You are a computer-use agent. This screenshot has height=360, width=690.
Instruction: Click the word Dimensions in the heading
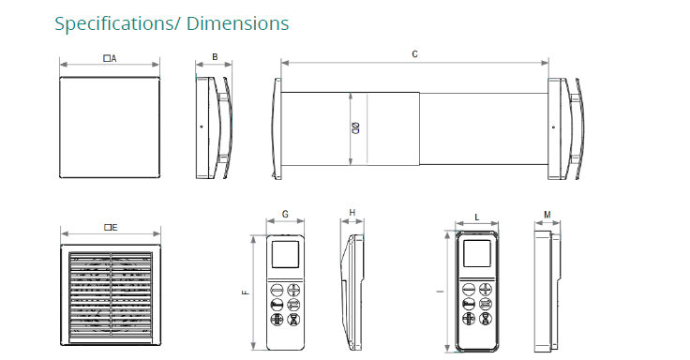(x=237, y=22)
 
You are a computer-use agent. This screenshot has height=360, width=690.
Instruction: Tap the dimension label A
(x=110, y=58)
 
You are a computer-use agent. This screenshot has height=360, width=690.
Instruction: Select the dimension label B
(x=215, y=57)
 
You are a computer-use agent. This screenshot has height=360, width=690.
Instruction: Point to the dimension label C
(x=414, y=54)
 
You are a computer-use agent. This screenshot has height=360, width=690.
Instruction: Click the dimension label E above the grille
(x=111, y=228)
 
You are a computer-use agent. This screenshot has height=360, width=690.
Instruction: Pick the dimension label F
(x=246, y=292)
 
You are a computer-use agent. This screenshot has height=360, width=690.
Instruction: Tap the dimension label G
(x=285, y=215)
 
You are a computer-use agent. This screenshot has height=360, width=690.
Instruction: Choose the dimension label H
(x=352, y=213)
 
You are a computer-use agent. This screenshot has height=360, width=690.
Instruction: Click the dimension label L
(x=476, y=217)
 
